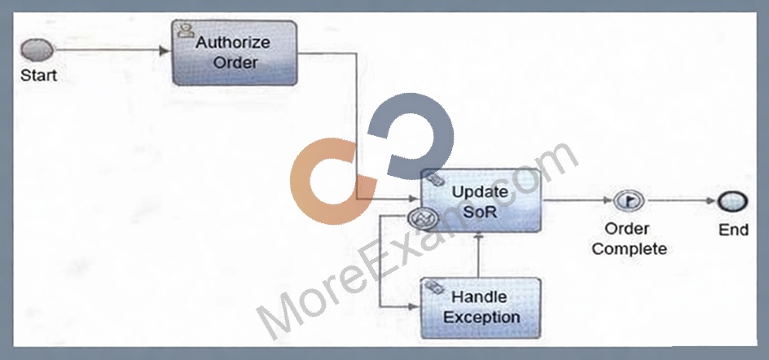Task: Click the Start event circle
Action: click(x=37, y=50)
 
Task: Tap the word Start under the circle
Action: click(x=39, y=76)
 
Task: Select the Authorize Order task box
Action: click(x=235, y=53)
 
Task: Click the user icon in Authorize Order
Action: click(x=184, y=29)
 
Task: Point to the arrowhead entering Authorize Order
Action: click(x=166, y=50)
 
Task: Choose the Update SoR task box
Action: click(x=481, y=200)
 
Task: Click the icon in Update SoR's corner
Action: click(x=433, y=179)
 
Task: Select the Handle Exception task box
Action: click(x=481, y=308)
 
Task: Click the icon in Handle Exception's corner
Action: click(x=434, y=288)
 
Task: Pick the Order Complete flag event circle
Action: click(x=629, y=200)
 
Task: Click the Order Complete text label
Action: click(x=629, y=239)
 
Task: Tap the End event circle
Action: click(x=732, y=201)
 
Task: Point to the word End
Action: click(x=733, y=230)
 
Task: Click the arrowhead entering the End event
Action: click(x=712, y=201)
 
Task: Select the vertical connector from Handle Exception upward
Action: click(x=479, y=255)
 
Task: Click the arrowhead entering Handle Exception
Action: click(x=415, y=307)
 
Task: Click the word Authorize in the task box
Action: click(x=233, y=42)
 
